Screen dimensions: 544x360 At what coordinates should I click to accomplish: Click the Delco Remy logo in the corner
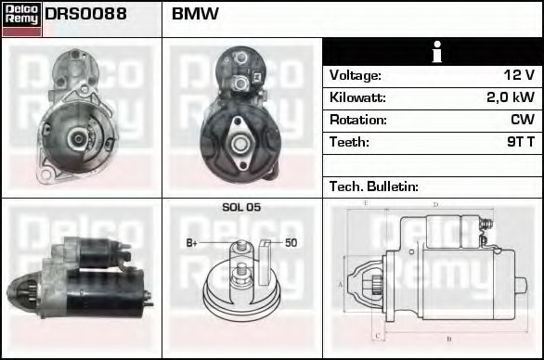(x=21, y=19)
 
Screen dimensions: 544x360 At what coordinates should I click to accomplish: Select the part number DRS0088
(x=85, y=14)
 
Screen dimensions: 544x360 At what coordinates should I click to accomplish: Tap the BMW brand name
(x=195, y=14)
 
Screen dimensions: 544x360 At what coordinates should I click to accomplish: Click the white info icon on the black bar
(x=437, y=52)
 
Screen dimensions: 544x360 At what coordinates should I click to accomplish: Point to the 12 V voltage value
(x=519, y=75)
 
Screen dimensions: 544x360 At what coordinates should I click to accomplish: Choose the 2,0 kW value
(x=511, y=97)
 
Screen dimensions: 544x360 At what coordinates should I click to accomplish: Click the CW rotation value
(x=523, y=120)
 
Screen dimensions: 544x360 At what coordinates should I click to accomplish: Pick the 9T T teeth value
(x=521, y=142)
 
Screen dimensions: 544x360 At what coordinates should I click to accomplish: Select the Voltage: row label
(x=356, y=75)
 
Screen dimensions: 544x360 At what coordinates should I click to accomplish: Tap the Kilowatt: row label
(x=357, y=97)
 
